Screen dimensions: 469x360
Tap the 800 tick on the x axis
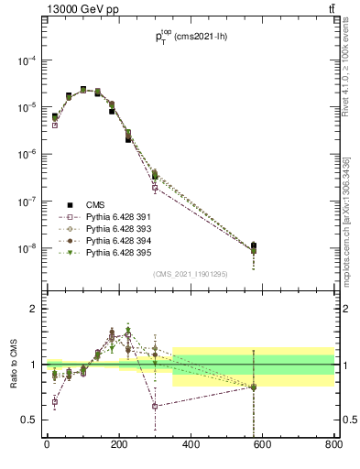(x=333, y=446)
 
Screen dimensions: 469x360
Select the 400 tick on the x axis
(x=190, y=446)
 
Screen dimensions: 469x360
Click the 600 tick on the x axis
(x=261, y=446)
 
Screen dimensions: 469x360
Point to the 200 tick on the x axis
(x=118, y=446)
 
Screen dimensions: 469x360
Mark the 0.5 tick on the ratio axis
(x=30, y=420)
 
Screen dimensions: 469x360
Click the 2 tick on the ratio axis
(x=34, y=309)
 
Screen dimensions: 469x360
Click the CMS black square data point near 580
(x=254, y=245)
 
